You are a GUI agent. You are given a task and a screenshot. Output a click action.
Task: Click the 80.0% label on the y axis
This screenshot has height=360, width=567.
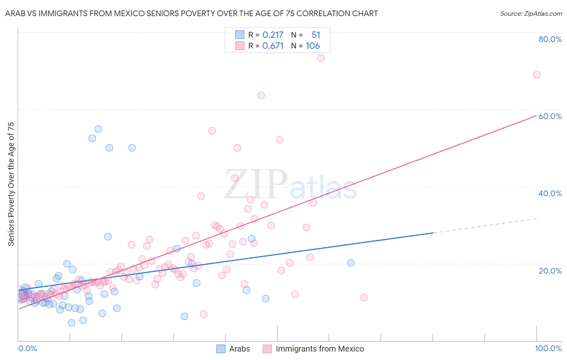click(x=550, y=39)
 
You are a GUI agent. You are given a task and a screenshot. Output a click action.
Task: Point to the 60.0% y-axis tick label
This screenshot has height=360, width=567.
click(x=550, y=116)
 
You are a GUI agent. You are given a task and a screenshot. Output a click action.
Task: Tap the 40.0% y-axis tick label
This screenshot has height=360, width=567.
click(x=550, y=193)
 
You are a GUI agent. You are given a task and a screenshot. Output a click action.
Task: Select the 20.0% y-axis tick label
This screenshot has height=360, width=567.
click(x=550, y=271)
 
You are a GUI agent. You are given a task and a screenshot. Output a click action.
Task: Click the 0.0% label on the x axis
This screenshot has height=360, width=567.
click(x=27, y=348)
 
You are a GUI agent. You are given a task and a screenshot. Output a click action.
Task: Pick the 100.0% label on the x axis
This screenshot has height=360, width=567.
click(x=548, y=348)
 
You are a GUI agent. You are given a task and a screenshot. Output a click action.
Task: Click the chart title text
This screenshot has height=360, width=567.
click(x=192, y=13)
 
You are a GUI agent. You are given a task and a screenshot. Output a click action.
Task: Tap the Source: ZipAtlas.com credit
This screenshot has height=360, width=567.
click(x=531, y=13)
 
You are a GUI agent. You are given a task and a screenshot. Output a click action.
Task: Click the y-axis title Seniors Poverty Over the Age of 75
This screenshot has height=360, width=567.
click(x=11, y=184)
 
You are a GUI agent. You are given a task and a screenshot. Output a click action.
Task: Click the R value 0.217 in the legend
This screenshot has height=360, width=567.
click(x=273, y=35)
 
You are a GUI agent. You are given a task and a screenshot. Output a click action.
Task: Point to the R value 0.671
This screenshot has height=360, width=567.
click(x=273, y=46)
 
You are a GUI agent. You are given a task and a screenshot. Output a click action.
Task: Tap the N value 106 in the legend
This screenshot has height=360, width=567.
click(x=313, y=46)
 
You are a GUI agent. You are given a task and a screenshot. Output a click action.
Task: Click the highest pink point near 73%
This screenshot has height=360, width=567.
click(x=321, y=58)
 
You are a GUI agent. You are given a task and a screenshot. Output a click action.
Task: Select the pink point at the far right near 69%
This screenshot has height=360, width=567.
click(x=537, y=75)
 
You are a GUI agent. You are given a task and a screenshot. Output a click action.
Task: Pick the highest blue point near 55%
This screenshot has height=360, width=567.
click(x=98, y=129)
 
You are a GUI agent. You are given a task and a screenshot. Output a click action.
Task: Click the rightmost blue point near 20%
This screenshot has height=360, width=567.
click(x=351, y=263)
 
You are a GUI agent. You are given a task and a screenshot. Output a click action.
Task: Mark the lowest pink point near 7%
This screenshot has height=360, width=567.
click(x=204, y=314)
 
